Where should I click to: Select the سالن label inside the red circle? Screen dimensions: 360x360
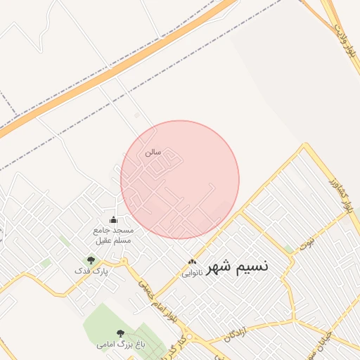[153, 152]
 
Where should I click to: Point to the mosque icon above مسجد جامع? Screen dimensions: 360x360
[113, 220]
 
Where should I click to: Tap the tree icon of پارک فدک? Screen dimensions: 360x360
[91, 260]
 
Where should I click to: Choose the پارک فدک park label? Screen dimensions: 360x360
[92, 270]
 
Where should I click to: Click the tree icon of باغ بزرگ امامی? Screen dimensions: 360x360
[120, 333]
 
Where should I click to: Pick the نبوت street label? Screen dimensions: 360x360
[307, 245]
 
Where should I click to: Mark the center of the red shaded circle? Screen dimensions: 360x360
[180, 180]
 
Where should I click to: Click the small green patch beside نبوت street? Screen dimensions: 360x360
[289, 249]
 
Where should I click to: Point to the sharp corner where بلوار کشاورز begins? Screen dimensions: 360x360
[305, 146]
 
